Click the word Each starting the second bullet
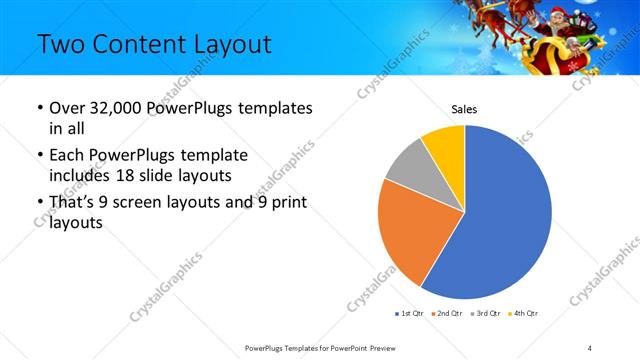point(67,155)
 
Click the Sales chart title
point(464,109)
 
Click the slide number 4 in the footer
point(590,347)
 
